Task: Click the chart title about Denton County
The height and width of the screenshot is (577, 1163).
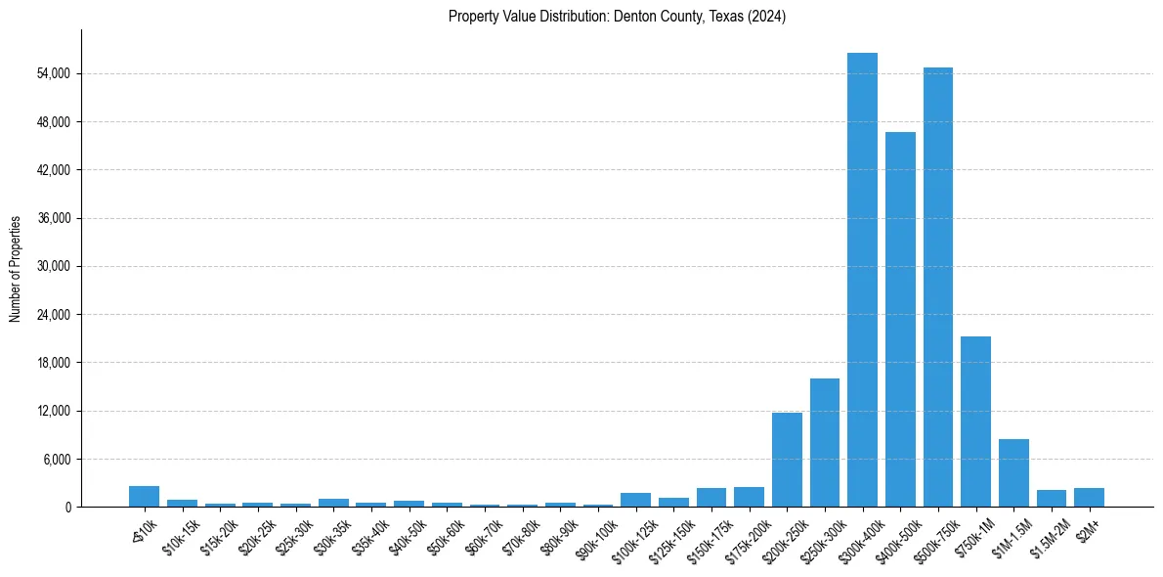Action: tap(617, 17)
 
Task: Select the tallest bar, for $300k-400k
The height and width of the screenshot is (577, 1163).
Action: tap(862, 280)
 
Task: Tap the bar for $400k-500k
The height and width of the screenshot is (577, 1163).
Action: tap(900, 319)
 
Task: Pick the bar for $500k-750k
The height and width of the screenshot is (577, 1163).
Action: tap(938, 287)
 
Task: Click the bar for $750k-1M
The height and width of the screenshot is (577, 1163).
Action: tap(975, 422)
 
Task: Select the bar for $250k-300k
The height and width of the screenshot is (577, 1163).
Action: tap(825, 442)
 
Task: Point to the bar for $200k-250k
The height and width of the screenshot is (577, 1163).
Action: tap(787, 460)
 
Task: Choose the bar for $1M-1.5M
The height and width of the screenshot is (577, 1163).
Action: tap(1013, 472)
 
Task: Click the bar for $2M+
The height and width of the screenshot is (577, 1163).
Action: tap(1089, 497)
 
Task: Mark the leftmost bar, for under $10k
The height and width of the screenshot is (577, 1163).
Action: tap(144, 496)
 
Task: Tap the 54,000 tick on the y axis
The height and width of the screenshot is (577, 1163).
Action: tap(52, 74)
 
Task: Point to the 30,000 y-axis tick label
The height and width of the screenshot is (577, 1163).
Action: tap(52, 266)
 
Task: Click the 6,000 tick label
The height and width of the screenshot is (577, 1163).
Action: tap(55, 459)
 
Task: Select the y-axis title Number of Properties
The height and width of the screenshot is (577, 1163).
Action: tap(16, 268)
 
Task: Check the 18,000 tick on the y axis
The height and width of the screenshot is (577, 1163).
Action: tap(52, 363)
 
